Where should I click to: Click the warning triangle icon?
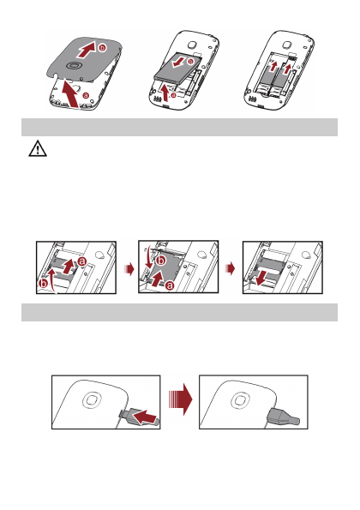[x=38, y=148]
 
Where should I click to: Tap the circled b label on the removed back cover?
[x=102, y=48]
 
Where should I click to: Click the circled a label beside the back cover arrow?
[x=86, y=95]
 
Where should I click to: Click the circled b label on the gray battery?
[x=190, y=62]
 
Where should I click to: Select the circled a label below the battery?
[x=173, y=95]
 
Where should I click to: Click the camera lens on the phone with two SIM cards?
[x=286, y=45]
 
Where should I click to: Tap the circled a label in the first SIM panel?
[x=81, y=261]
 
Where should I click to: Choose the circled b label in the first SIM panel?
[x=43, y=284]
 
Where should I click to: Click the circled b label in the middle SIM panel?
[x=161, y=261]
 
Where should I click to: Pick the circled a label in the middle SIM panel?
[x=170, y=285]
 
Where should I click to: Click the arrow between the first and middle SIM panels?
[x=129, y=269]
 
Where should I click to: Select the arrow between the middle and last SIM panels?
[x=231, y=269]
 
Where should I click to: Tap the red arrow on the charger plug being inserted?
[x=145, y=417]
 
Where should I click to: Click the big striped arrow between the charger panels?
[x=181, y=399]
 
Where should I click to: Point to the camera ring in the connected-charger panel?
[x=240, y=399]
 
